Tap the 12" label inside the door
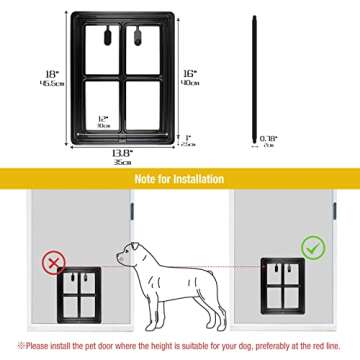tap(104, 119)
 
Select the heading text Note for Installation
tap(180, 179)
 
